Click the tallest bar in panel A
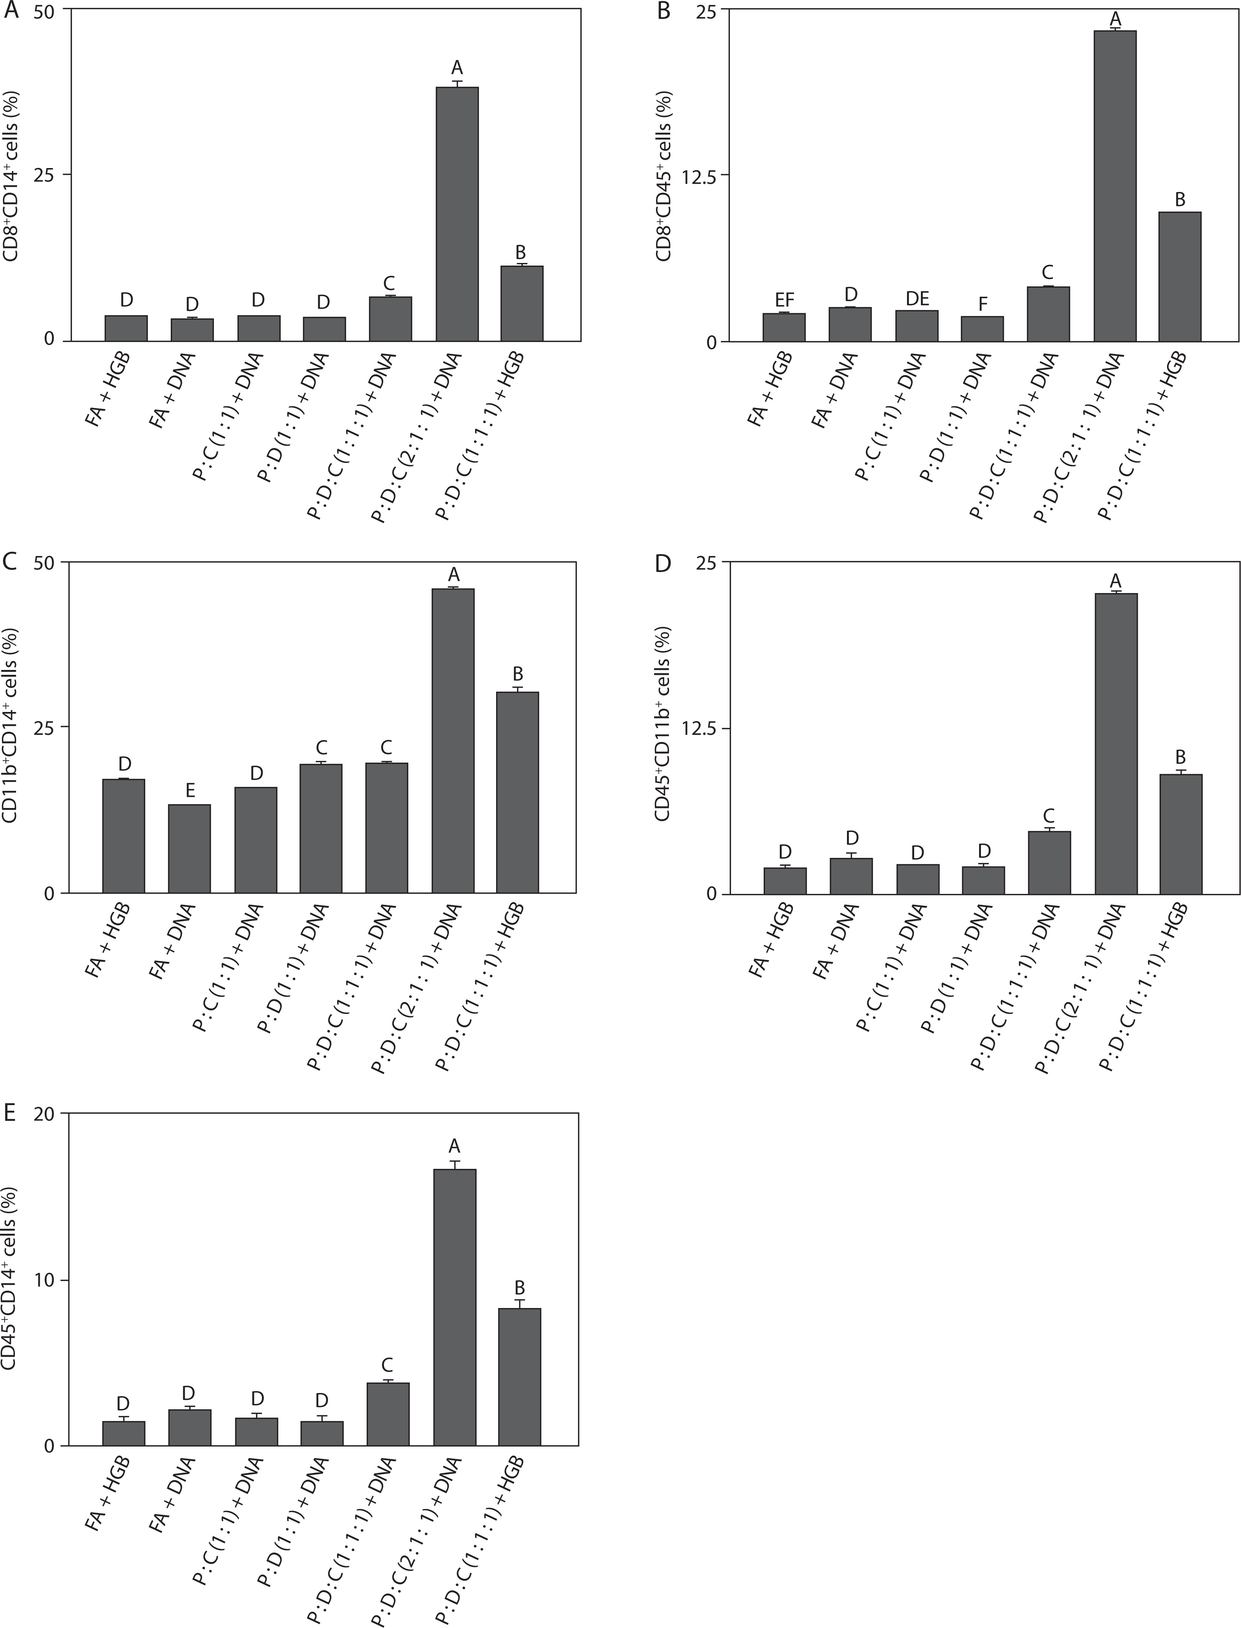click(457, 214)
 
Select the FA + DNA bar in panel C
click(190, 849)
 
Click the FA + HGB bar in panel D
click(784, 881)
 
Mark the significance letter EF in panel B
click(784, 299)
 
